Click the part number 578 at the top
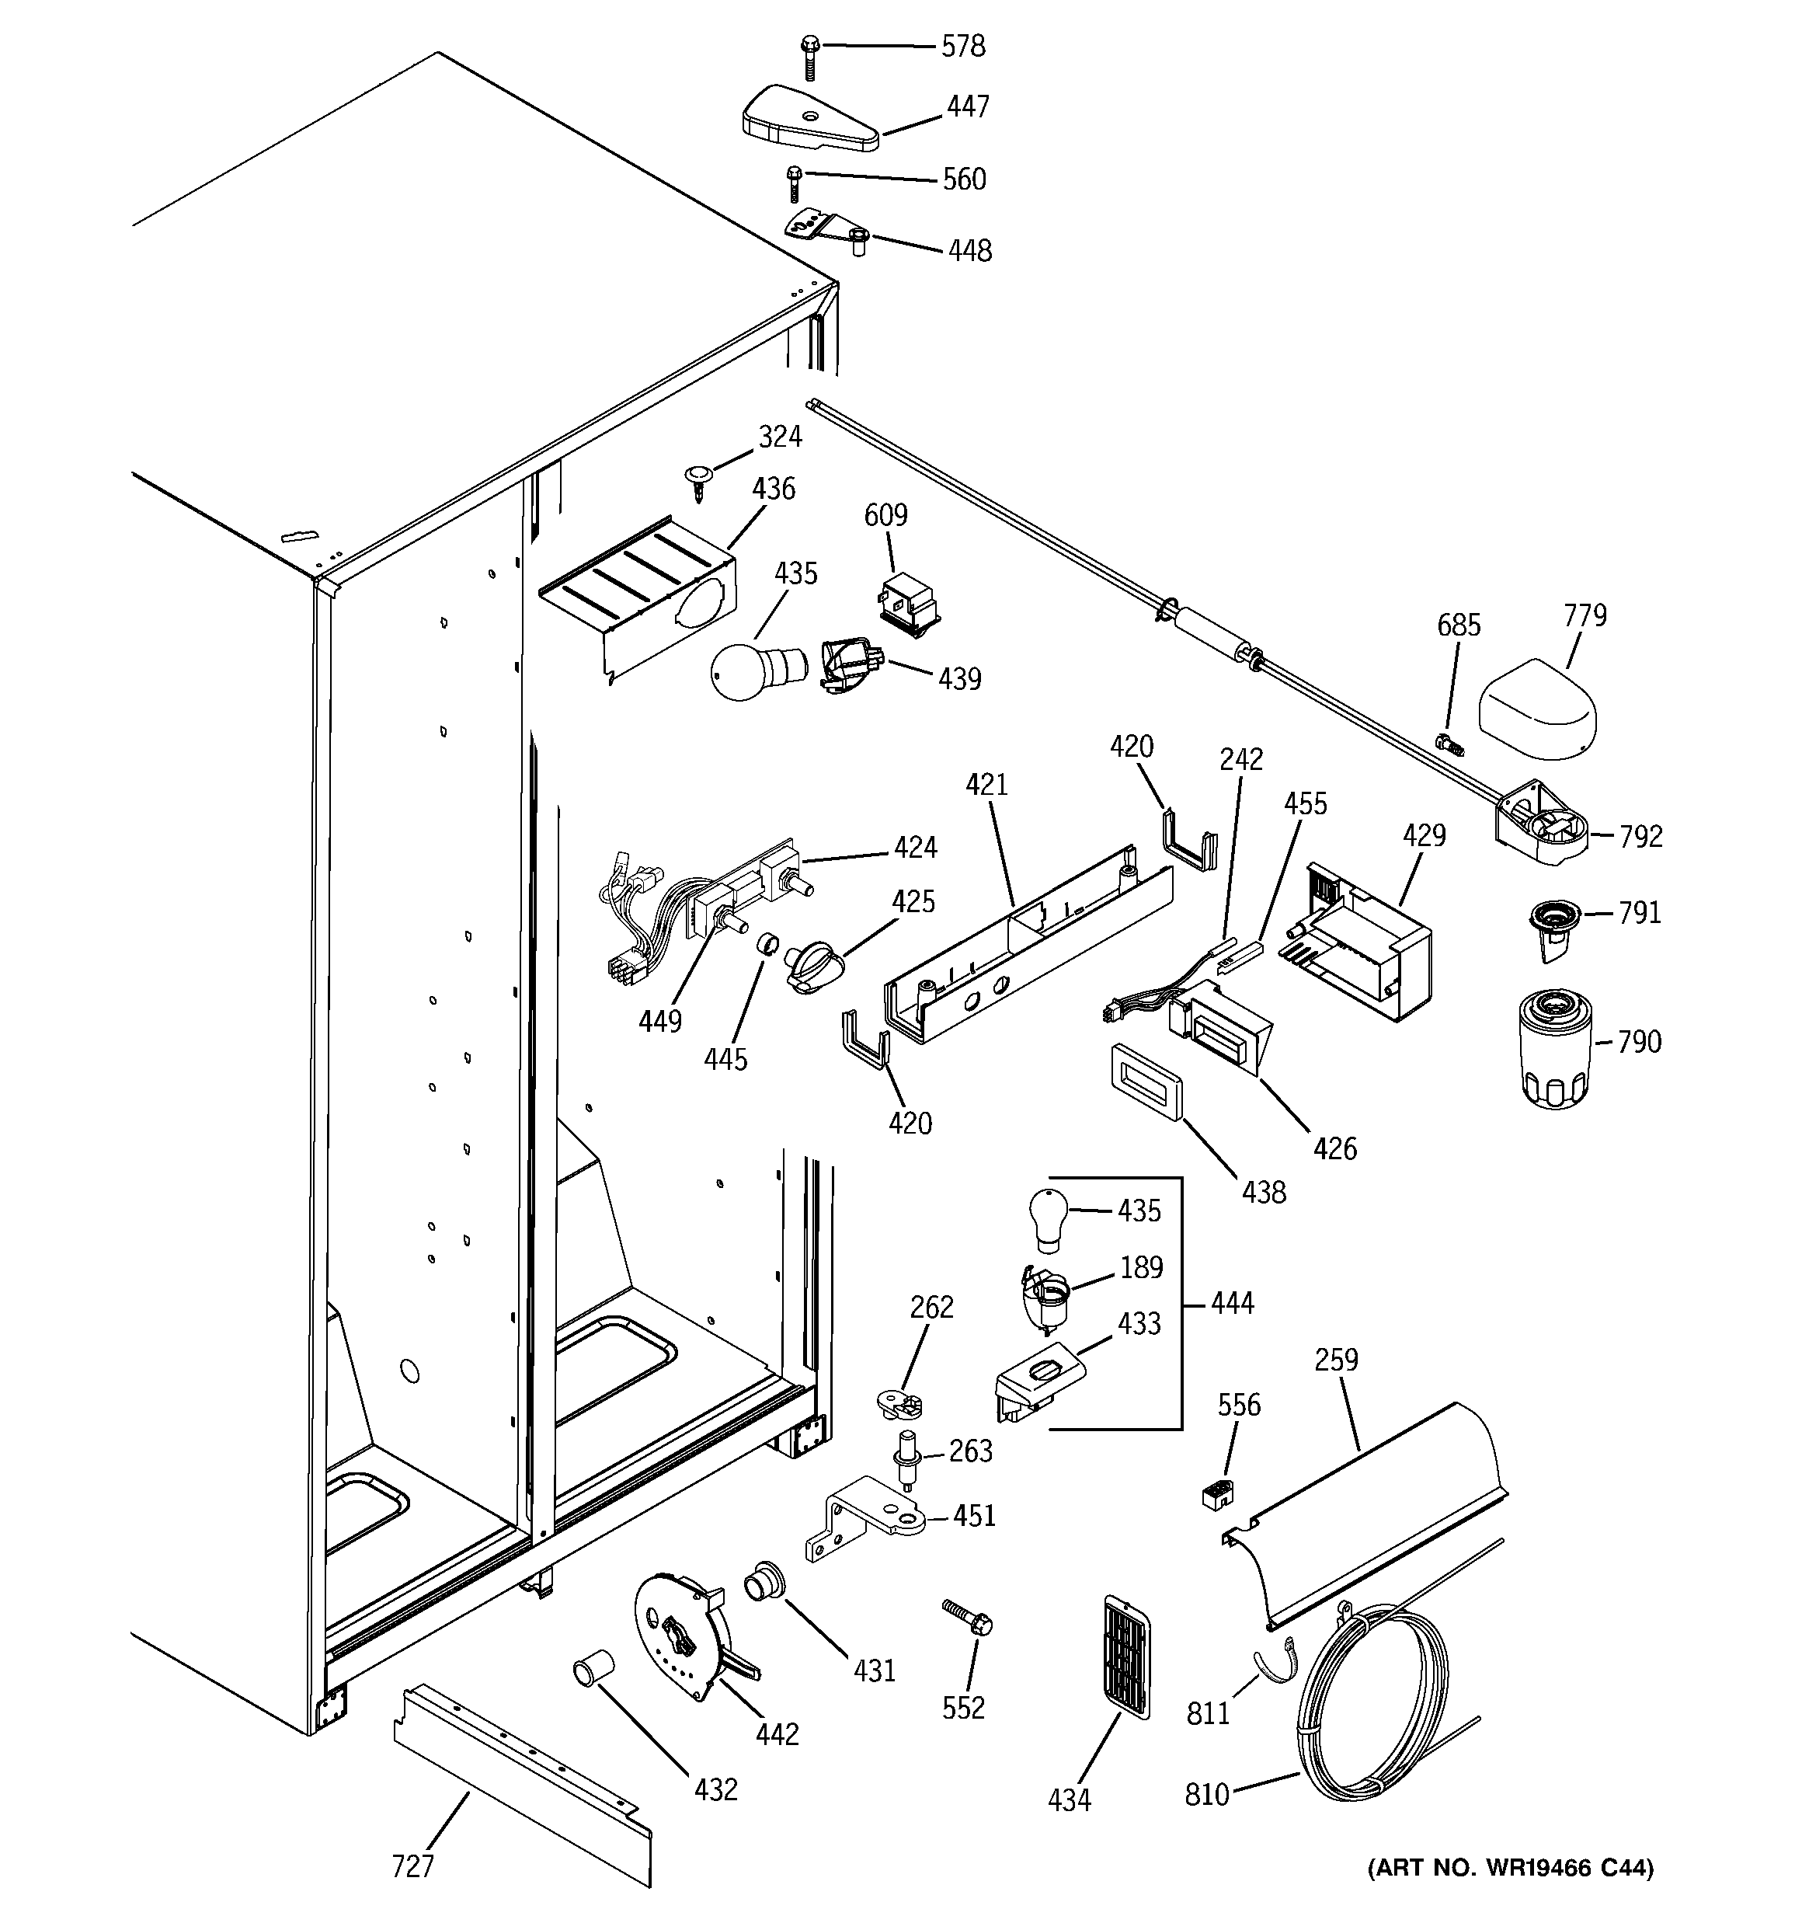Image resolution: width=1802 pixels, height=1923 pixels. (963, 47)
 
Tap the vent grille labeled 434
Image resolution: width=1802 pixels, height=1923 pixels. (1125, 1658)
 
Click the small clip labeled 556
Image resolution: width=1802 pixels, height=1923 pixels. (1218, 1493)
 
